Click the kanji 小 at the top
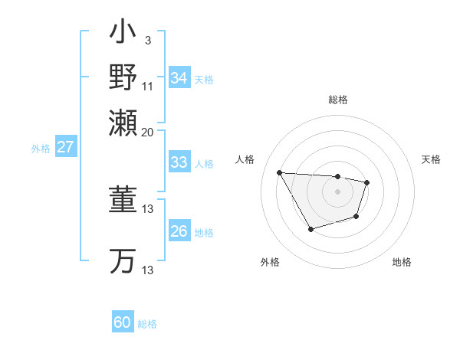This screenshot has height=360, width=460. click(123, 34)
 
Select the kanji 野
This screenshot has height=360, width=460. click(123, 78)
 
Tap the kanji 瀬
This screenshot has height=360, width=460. click(123, 123)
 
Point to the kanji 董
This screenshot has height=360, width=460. click(123, 201)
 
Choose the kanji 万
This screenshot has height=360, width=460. click(123, 260)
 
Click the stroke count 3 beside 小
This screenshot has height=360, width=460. click(147, 40)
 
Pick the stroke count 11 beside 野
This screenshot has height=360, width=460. click(147, 86)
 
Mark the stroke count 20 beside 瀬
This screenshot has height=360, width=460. click(147, 131)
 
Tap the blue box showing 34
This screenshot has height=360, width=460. click(179, 78)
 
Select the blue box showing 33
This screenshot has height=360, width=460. click(179, 162)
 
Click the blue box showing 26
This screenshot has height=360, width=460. click(179, 231)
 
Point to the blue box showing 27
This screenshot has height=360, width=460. click(65, 147)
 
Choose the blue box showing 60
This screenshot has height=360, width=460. click(123, 322)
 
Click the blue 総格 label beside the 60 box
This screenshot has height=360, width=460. click(147, 324)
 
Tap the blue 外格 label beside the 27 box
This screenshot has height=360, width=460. click(41, 149)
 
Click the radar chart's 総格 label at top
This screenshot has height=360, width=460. click(337, 100)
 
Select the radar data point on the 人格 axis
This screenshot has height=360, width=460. click(280, 172)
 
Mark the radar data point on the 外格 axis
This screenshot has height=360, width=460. click(310, 229)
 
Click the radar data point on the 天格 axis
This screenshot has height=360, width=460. click(367, 182)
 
